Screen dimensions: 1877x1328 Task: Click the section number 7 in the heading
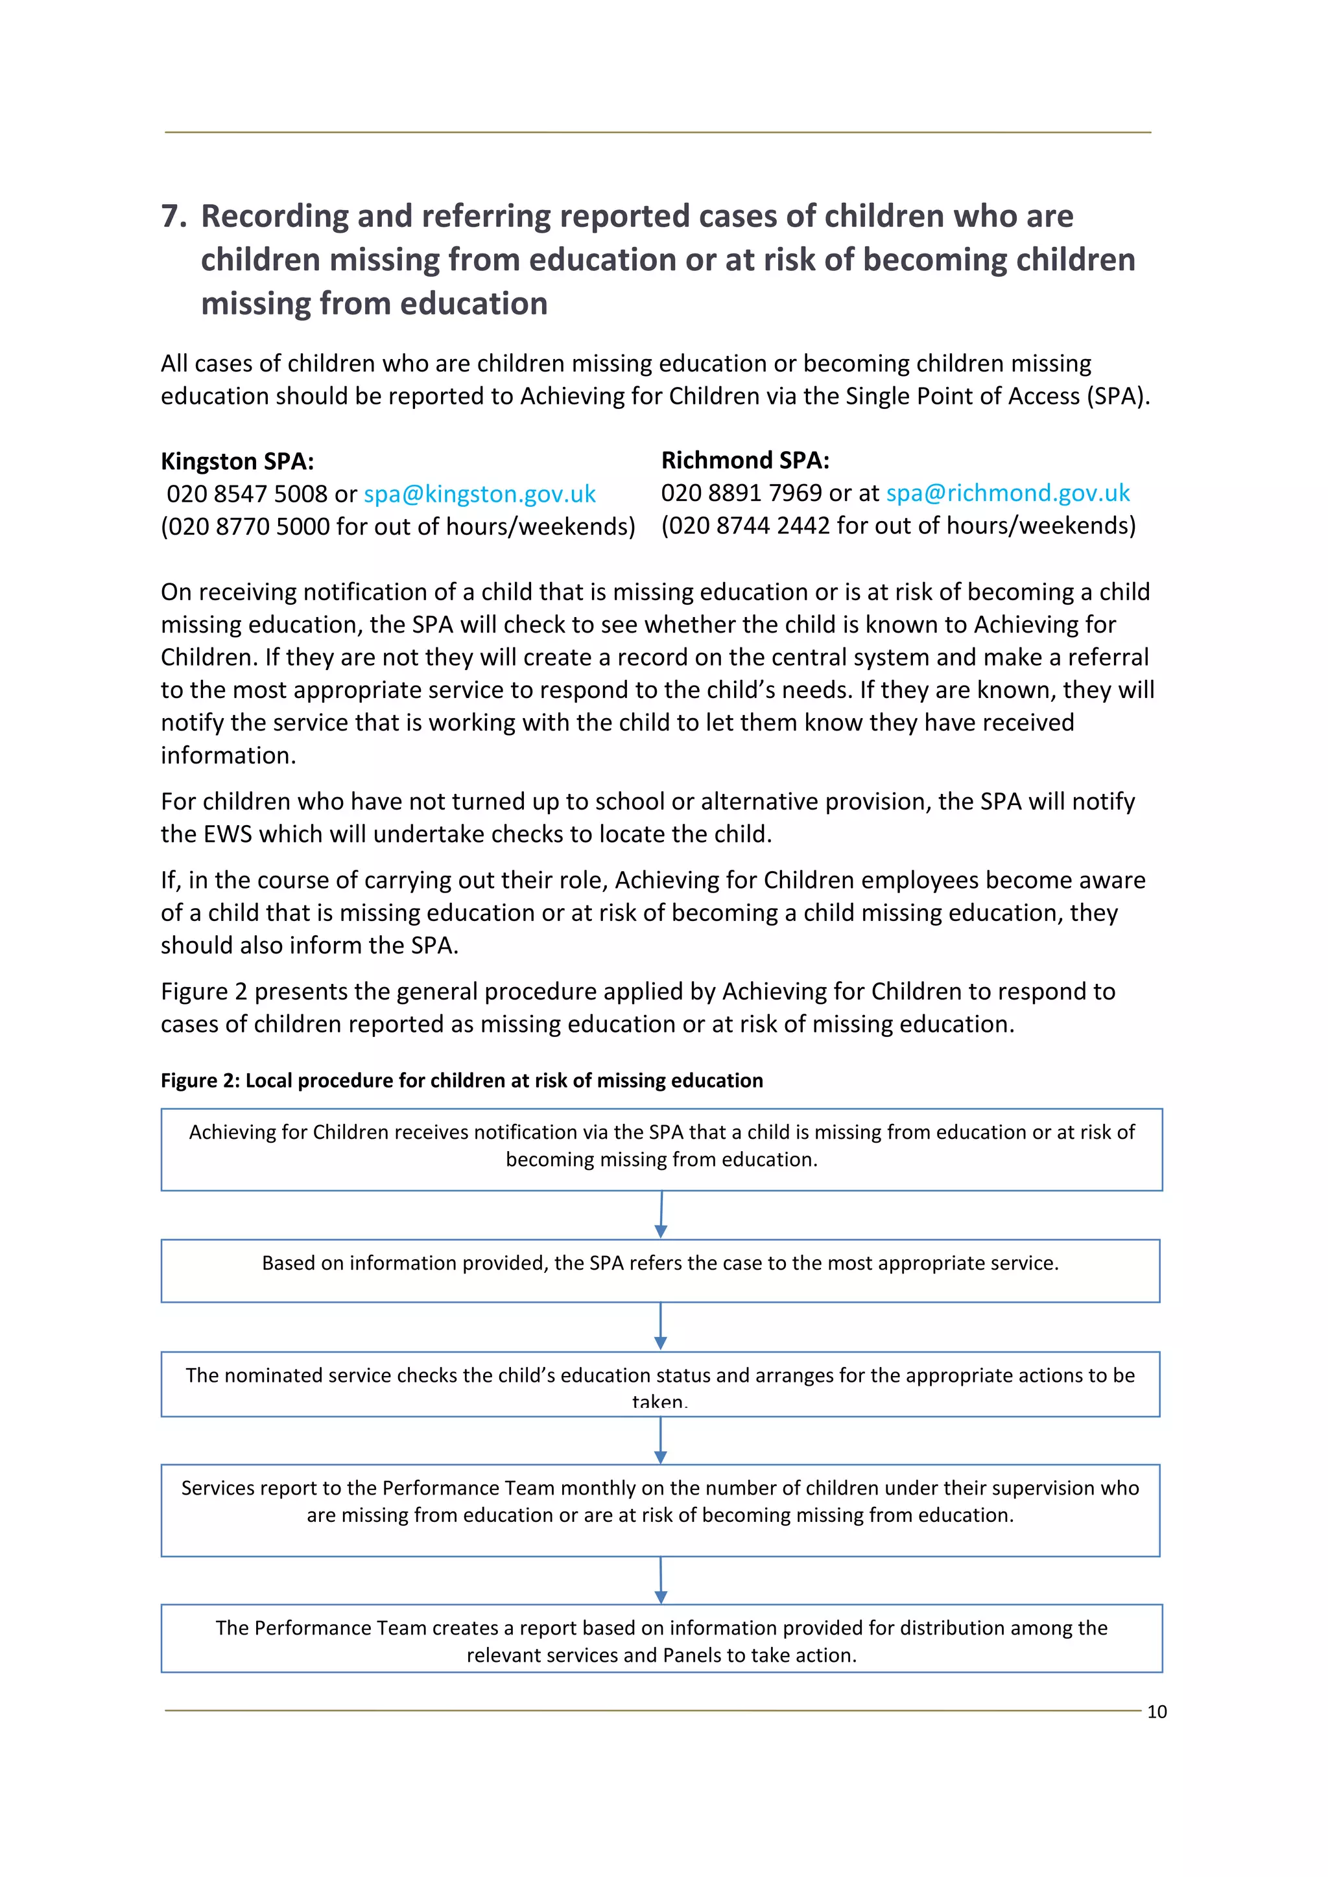tap(172, 216)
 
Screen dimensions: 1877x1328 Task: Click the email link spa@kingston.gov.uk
tap(479, 494)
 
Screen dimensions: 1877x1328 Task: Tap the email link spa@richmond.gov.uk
tap(1008, 493)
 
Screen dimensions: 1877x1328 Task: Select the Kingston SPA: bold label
tap(237, 461)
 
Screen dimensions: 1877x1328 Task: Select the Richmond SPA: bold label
tap(745, 460)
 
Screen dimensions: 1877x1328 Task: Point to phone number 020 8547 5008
tap(247, 494)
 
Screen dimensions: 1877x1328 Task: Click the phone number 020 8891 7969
tap(741, 493)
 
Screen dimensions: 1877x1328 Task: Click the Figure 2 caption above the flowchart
tap(461, 1080)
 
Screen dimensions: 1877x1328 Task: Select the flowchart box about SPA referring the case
tap(660, 1270)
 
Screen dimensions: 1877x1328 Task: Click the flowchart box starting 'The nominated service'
tap(660, 1384)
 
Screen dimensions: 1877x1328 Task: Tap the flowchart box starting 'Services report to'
tap(660, 1510)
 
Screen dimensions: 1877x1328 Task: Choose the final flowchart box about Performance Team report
tap(661, 1638)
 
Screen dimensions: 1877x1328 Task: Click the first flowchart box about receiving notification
tap(661, 1148)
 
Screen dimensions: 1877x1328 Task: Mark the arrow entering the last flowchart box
tap(661, 1580)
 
